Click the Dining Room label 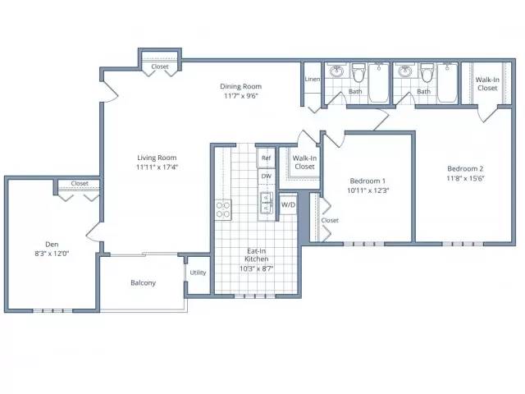click(240, 86)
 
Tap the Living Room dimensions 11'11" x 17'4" click(157, 167)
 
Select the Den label click(52, 245)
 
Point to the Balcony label click(143, 283)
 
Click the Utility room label click(198, 273)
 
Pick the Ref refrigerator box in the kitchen click(266, 158)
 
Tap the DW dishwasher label click(267, 176)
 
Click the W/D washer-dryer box click(288, 204)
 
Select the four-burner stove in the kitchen click(223, 210)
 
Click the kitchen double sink click(267, 204)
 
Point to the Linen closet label click(312, 80)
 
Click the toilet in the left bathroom click(358, 72)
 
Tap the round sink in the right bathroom click(405, 71)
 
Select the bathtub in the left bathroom click(379, 83)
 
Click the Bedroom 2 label click(465, 168)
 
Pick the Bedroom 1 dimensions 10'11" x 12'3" click(367, 190)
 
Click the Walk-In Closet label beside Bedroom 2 click(487, 84)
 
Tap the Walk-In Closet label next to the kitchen click(304, 163)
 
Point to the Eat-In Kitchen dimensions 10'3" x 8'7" click(256, 268)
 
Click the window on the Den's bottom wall click(52, 310)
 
